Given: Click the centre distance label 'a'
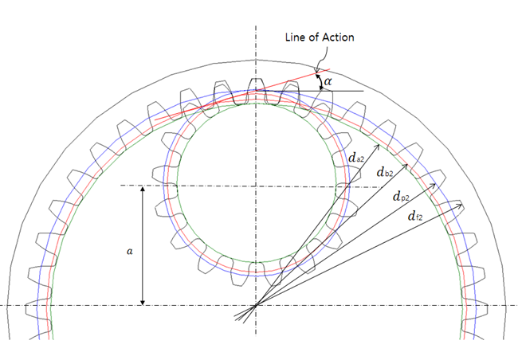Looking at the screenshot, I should (129, 249).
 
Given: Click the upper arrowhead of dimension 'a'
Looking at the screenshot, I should (142, 188).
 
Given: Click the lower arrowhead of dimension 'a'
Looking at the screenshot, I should (142, 303).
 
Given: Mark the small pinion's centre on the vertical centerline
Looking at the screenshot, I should (256, 186).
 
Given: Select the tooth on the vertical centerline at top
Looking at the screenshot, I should (256, 88).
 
